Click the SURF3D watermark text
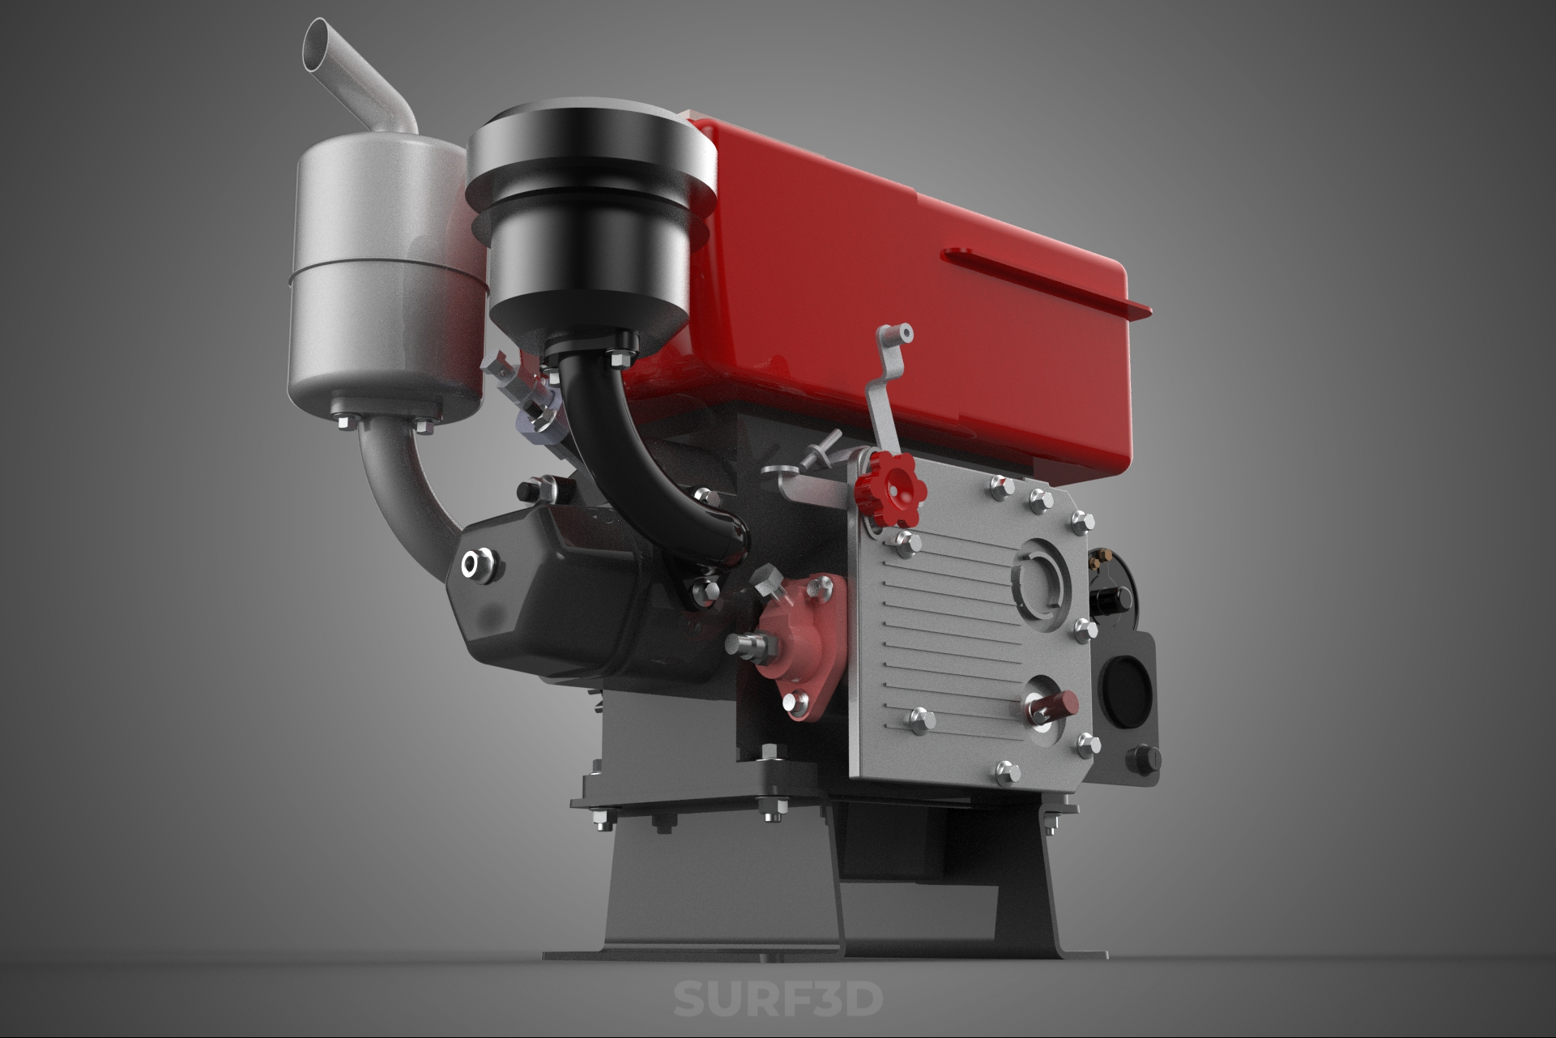[778, 998]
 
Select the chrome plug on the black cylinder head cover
[479, 565]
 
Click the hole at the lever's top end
[905, 331]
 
